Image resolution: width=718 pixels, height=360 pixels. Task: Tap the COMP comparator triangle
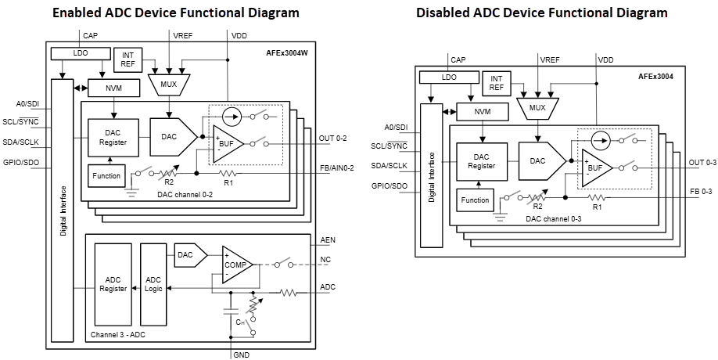coord(235,265)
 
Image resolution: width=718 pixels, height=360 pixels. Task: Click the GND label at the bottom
coord(241,355)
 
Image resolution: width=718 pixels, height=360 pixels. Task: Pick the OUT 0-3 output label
coord(701,163)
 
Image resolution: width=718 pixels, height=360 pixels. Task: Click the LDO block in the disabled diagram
coord(448,77)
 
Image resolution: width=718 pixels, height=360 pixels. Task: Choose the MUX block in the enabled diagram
coord(168,85)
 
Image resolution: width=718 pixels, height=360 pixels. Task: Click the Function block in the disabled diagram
coord(475,200)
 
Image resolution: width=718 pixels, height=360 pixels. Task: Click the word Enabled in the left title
coord(81,13)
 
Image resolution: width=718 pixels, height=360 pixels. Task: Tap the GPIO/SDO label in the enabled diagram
coord(21,163)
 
